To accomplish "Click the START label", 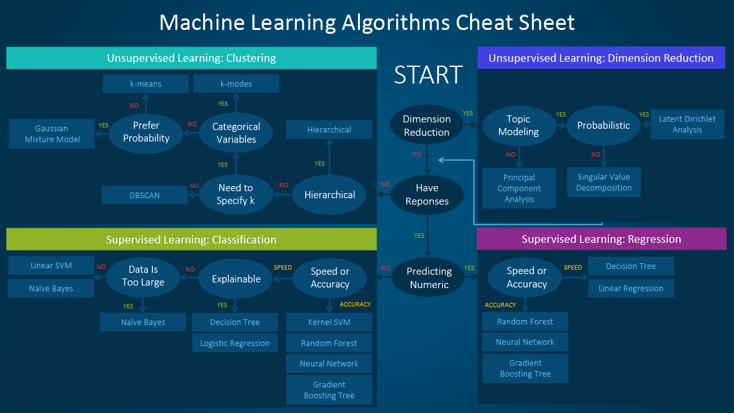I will tap(428, 75).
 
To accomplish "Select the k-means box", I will tap(145, 83).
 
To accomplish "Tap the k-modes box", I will tap(236, 83).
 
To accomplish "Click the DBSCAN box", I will tap(145, 195).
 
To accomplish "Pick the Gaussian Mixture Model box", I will tap(52, 134).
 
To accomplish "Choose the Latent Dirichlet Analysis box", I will tap(687, 124).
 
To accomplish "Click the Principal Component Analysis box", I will tap(519, 188).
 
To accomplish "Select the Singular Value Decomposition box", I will tap(603, 182).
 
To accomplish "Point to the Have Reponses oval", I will tap(427, 194).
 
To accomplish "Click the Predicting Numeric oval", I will tap(429, 278).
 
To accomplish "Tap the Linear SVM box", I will tap(51, 266).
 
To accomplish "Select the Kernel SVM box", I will tap(329, 322).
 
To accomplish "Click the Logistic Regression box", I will tap(234, 343).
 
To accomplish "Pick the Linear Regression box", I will tap(631, 288).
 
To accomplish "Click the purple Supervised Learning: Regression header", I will tap(601, 239).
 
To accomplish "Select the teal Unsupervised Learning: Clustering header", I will tap(191, 58).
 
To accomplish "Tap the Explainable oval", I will tap(236, 279).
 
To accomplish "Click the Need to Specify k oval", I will tap(235, 194).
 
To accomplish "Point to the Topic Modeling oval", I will tap(518, 126).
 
